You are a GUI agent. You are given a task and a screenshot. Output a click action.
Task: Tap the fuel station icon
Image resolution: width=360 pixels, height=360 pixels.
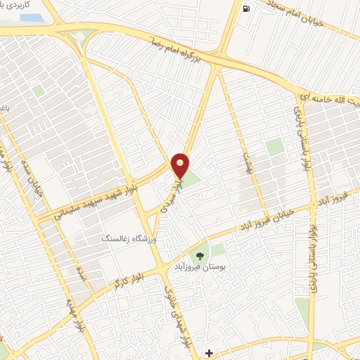(245, 9)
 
